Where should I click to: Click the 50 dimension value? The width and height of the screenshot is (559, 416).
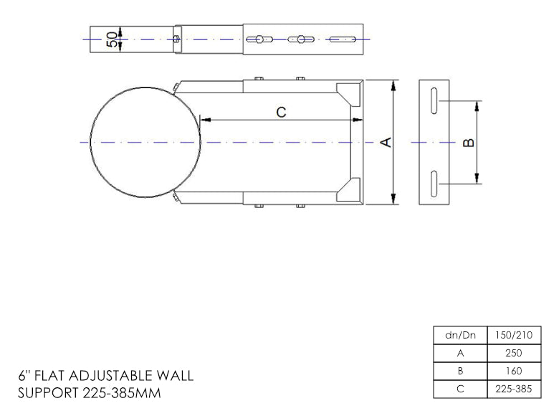point(112,39)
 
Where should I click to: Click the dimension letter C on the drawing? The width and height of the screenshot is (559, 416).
point(281,112)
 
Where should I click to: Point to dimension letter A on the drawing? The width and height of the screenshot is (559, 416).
point(386,142)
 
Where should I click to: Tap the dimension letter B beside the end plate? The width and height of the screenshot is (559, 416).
point(469,143)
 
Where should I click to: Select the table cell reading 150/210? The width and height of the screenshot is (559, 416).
point(514,335)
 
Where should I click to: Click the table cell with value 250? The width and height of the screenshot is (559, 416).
point(514,353)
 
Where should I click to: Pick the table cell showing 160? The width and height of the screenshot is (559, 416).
point(514,372)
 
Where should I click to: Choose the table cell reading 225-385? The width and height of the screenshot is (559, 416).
point(514,389)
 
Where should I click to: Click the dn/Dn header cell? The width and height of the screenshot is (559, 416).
point(460,335)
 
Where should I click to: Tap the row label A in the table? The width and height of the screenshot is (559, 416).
point(460,353)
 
